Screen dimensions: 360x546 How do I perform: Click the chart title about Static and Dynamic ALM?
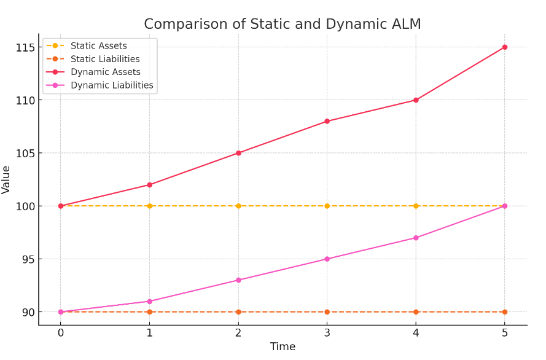coord(283,24)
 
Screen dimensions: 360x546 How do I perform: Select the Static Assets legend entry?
coord(98,46)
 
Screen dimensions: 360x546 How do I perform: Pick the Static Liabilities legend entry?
coord(104,59)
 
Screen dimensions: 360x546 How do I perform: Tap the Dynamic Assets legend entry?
coord(105,72)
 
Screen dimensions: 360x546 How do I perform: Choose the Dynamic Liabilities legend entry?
coord(112,85)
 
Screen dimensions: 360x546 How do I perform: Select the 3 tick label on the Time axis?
coord(327,333)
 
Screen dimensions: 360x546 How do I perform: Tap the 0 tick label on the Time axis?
coord(61,333)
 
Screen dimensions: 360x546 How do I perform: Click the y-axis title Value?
coord(7,179)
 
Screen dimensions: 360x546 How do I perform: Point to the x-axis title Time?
coord(283,347)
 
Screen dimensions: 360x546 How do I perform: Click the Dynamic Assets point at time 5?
coord(505,47)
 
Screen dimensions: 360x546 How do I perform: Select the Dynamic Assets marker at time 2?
coord(238,153)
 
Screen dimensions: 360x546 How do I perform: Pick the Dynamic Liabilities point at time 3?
coord(327,259)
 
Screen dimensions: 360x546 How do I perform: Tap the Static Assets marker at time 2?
coord(238,206)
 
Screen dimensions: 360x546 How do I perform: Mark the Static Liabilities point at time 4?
coord(416,312)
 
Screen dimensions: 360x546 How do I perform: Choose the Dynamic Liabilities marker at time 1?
coord(149,302)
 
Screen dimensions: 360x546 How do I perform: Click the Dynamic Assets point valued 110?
coord(416,100)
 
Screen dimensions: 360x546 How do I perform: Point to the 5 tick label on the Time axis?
coord(505,333)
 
